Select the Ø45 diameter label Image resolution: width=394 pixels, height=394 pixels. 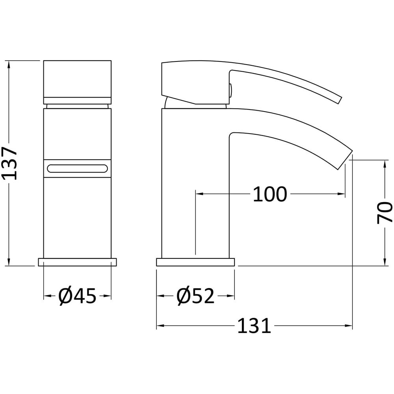pyautogui.click(x=77, y=296)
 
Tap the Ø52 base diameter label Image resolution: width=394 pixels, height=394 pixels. pyautogui.click(x=195, y=296)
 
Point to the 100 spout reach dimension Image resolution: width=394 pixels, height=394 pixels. pyautogui.click(x=269, y=194)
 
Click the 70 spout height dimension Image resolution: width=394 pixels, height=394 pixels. pyautogui.click(x=384, y=212)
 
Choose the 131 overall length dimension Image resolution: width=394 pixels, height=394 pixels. pyautogui.click(x=254, y=326)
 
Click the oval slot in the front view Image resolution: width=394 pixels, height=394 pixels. pyautogui.click(x=77, y=168)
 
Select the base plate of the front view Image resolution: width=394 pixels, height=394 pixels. pyautogui.click(x=77, y=262)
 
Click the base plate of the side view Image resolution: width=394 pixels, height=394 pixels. pyautogui.click(x=195, y=262)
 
